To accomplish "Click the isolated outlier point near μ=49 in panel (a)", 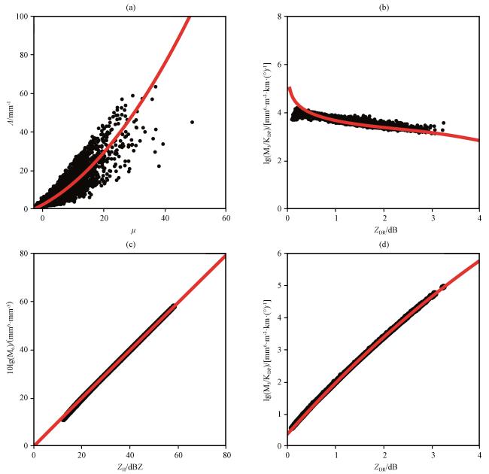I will click(192, 122).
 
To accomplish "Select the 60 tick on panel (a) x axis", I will click(226, 218).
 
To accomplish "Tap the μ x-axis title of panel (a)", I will click(129, 229).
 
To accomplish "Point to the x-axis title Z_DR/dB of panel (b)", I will click(384, 229).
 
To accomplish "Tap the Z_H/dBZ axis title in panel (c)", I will click(129, 466).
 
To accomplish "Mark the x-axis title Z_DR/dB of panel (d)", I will click(384, 466).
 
